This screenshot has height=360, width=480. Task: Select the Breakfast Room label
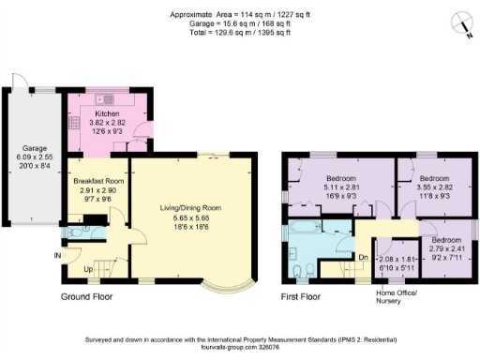click(x=102, y=180)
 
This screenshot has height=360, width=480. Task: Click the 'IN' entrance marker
click(x=58, y=255)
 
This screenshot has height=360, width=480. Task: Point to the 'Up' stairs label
click(x=88, y=269)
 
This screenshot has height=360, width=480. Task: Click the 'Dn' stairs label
click(x=363, y=255)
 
